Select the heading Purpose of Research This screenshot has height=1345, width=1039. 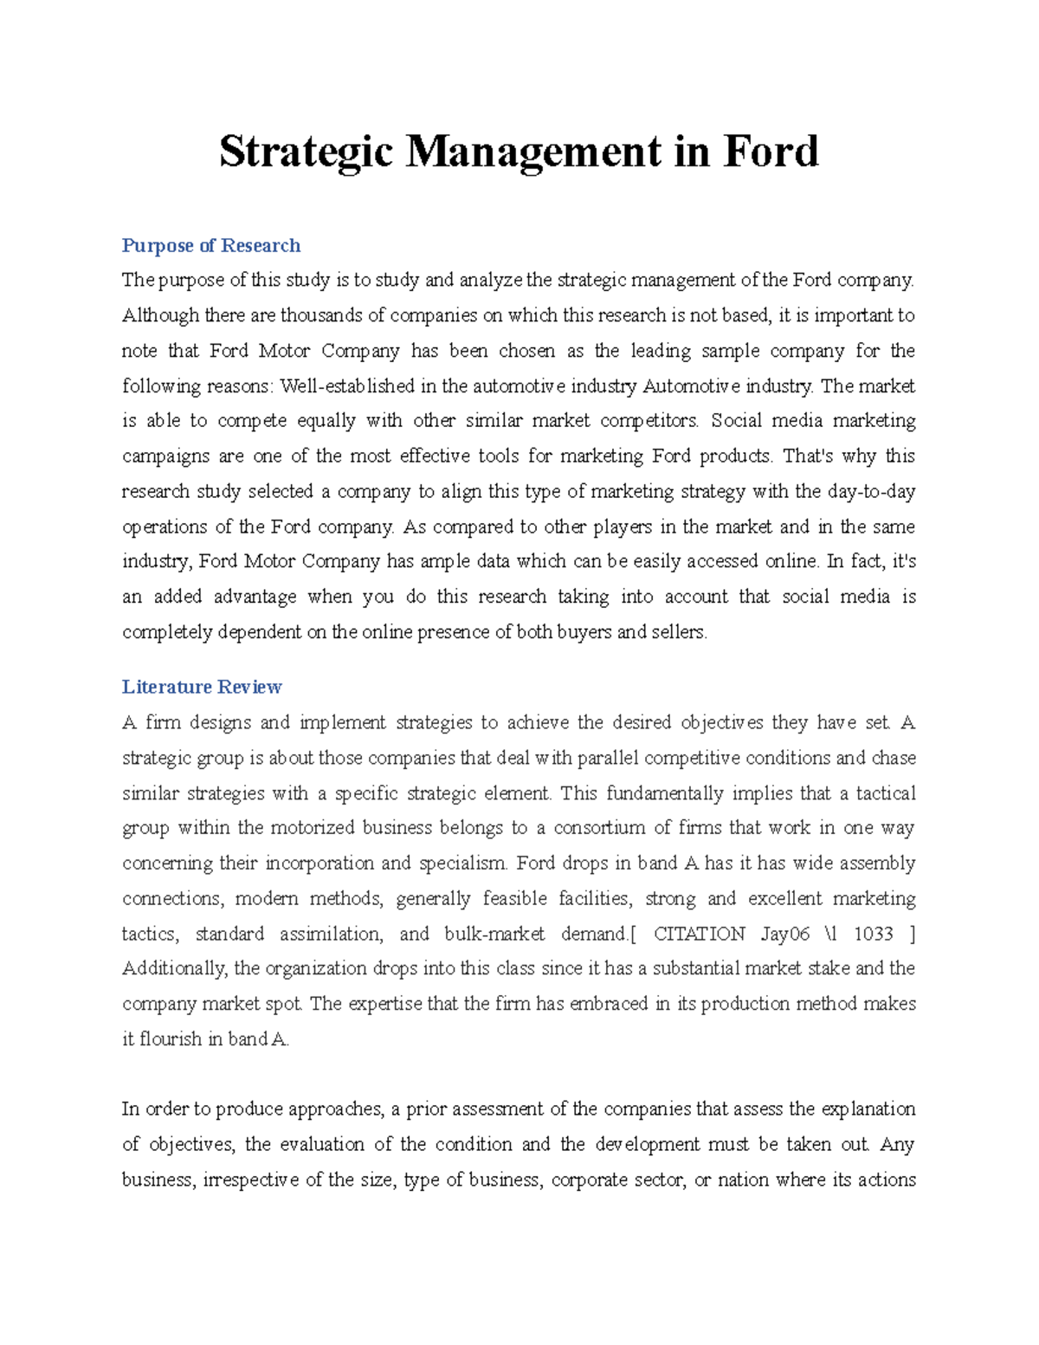(211, 246)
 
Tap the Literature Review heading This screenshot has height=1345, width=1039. (202, 687)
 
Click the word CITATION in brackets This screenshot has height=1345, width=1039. (699, 934)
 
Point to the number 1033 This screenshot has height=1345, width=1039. (873, 934)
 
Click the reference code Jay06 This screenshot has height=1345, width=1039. (785, 934)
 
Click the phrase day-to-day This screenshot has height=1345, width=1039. (871, 492)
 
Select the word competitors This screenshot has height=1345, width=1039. (649, 421)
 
